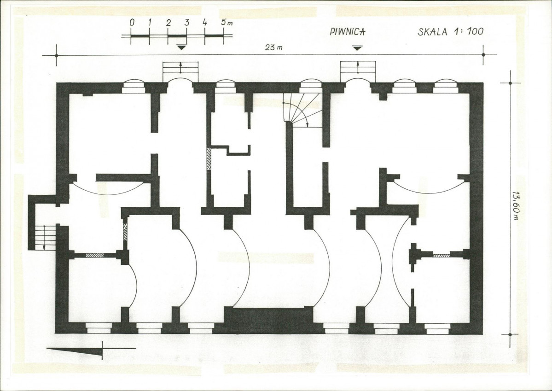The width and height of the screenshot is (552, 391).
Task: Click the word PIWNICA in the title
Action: click(x=348, y=31)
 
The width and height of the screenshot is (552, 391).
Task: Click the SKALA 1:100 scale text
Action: click(x=451, y=31)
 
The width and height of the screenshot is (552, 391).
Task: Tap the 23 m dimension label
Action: click(x=273, y=47)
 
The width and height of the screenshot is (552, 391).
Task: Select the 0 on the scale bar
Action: click(x=132, y=23)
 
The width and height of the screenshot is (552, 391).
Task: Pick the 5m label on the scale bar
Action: click(x=227, y=22)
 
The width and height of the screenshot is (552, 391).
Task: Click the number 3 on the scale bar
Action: click(x=186, y=23)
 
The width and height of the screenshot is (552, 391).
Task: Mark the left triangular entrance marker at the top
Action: click(x=181, y=47)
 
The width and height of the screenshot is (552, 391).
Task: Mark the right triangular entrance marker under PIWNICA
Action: click(x=358, y=47)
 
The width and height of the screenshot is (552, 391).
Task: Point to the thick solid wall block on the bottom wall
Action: click(x=268, y=320)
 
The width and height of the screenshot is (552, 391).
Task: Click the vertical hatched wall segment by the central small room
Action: click(x=209, y=159)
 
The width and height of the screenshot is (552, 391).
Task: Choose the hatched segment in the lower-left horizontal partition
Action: click(x=95, y=255)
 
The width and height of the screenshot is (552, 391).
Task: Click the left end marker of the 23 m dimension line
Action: click(x=56, y=55)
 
